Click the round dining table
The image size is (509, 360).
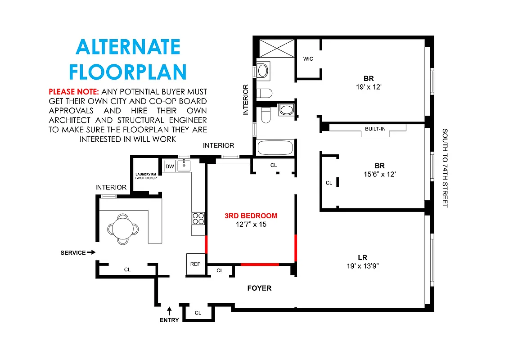coord(122,227)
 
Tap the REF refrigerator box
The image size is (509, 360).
coord(195,265)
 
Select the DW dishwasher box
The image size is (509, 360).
coord(170,166)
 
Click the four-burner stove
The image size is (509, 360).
coord(198,219)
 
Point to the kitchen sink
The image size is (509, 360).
coord(184,166)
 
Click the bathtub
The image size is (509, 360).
coord(275,147)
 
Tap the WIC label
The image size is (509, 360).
coord(308,59)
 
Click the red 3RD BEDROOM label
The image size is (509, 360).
coord(251,216)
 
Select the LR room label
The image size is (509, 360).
coord(362,257)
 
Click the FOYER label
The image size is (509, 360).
coord(260,288)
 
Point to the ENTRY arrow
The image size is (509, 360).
coord(169,310)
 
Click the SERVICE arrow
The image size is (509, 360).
coord(91,252)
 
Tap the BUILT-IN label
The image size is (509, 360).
coord(375,129)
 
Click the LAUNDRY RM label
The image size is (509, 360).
coord(146,174)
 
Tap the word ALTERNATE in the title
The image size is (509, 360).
coord(128,47)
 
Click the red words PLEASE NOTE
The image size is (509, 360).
coord(73,91)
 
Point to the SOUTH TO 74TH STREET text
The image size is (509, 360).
coord(445,168)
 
